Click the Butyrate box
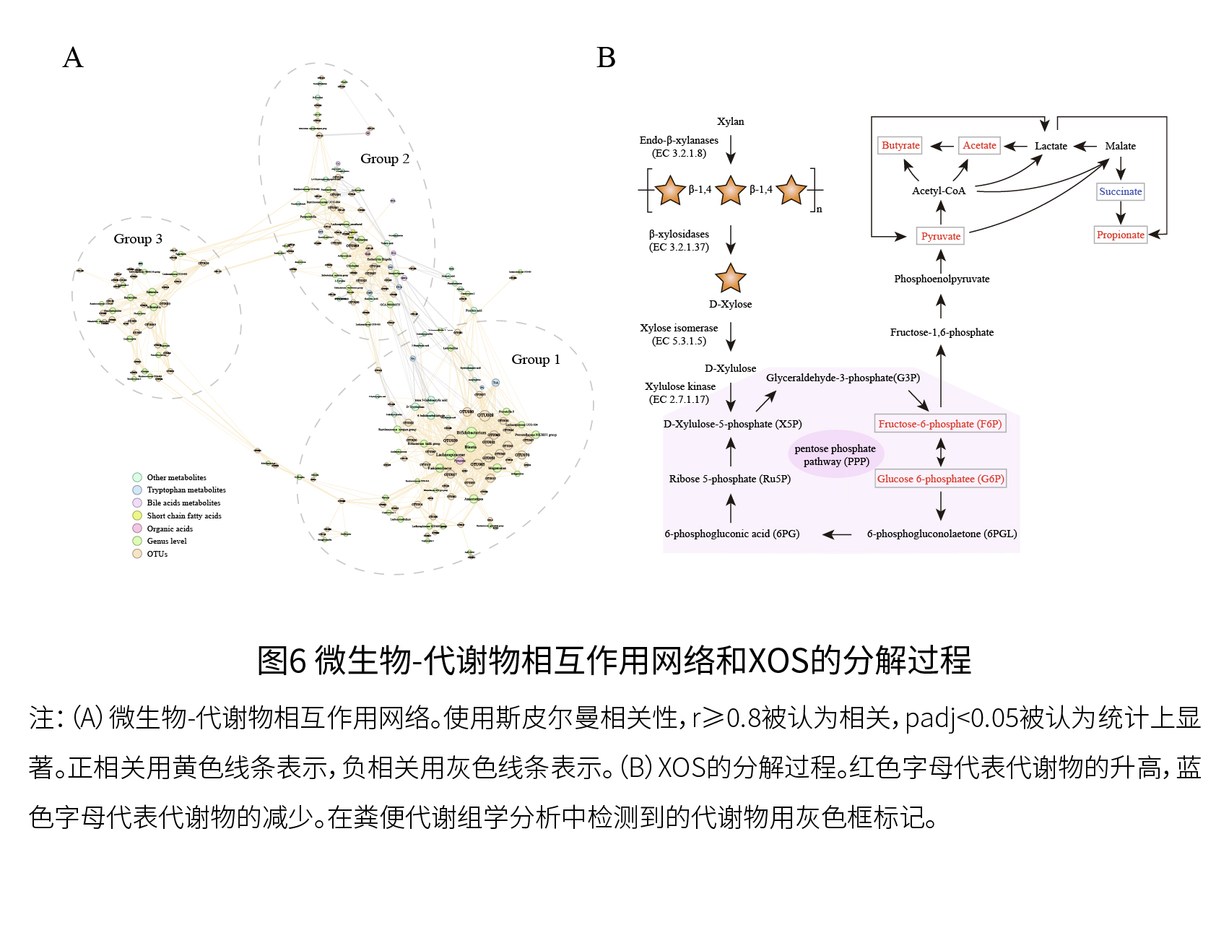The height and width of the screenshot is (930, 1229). coord(900,145)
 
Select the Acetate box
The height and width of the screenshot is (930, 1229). coord(979,145)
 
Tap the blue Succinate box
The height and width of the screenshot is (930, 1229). coord(1120,191)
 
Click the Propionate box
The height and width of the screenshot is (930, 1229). coord(1120,235)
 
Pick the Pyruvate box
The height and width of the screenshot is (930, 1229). coord(940,236)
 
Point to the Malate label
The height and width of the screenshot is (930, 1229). coord(1120,146)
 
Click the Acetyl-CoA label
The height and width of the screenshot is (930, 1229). coord(938,191)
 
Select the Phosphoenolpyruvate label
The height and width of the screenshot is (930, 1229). coord(942,279)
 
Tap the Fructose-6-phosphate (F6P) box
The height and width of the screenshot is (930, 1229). coord(940,424)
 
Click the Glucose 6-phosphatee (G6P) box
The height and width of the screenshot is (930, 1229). coord(940,479)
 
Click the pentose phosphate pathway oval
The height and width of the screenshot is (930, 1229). coord(835,455)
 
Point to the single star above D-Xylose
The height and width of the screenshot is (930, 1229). coord(730,278)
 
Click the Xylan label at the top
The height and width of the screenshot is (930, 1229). coord(730,121)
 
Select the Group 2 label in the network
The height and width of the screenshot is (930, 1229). coord(384,159)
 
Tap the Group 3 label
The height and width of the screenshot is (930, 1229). coord(137,239)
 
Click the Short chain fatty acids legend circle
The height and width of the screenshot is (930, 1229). coord(137,516)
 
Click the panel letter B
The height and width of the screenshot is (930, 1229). coord(606,58)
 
